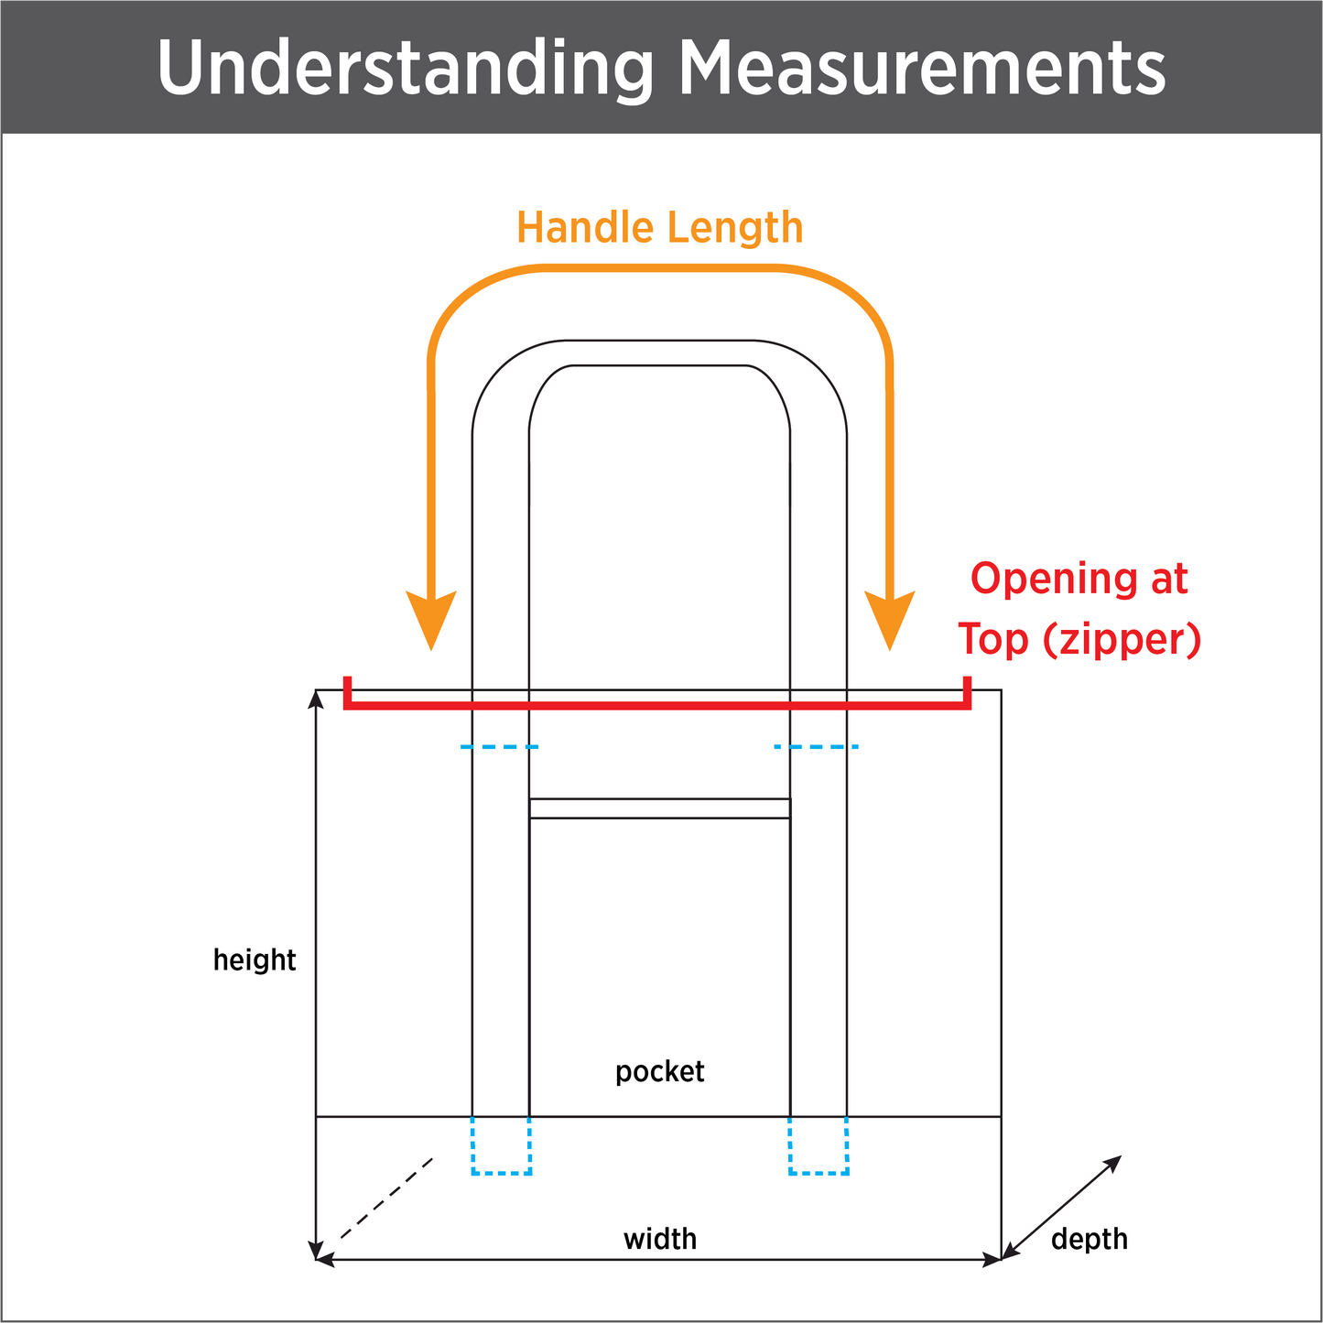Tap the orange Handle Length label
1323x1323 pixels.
pos(659,227)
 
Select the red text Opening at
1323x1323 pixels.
pos(1079,579)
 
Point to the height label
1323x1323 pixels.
pos(255,960)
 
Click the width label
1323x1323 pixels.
pos(660,1239)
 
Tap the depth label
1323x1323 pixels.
pos(1089,1239)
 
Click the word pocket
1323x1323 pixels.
pos(659,1071)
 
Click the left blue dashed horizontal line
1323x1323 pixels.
pos(499,747)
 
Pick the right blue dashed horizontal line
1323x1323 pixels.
pos(816,747)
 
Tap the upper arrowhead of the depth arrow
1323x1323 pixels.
pos(1113,1163)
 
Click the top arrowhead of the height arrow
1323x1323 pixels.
pos(316,699)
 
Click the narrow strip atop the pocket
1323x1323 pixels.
pos(659,808)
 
